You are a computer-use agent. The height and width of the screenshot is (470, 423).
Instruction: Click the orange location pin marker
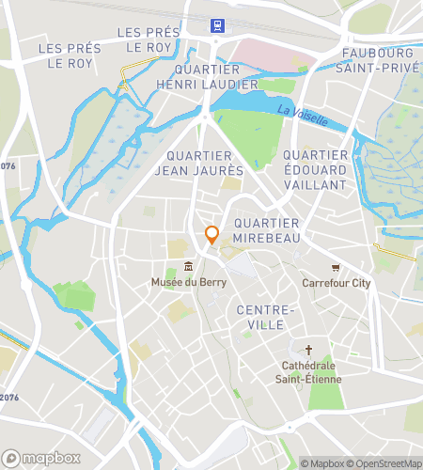pos(211,235)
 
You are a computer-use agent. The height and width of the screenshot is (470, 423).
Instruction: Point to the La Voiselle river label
pos(303,116)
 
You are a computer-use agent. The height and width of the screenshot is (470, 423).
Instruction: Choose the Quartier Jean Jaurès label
pos(204,163)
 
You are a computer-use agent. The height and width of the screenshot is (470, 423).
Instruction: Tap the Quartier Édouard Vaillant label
pos(314,163)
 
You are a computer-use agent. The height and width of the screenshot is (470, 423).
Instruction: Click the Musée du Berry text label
pos(188,282)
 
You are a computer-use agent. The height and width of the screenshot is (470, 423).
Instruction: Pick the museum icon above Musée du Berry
pos(189,265)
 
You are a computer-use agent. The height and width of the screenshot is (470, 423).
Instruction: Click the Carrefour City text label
pos(336,283)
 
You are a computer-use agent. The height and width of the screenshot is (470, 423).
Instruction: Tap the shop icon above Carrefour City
pos(336,267)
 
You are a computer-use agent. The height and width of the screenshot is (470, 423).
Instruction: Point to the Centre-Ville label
pos(266,317)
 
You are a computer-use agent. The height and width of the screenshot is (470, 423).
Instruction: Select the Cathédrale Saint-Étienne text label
pos(308,372)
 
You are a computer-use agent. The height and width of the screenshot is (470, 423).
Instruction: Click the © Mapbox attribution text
pos(323,462)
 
